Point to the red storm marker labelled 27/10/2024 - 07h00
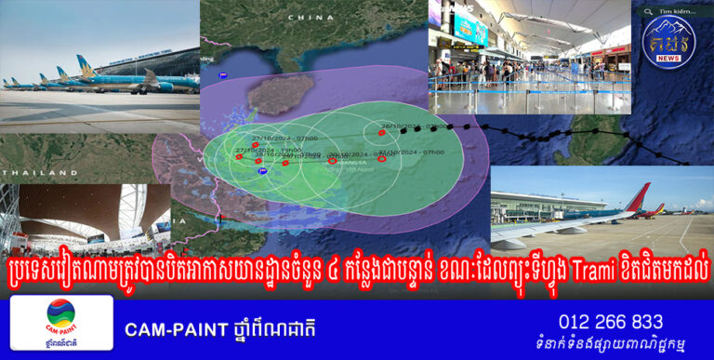click(255, 145)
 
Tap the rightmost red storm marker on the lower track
click(381, 159)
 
